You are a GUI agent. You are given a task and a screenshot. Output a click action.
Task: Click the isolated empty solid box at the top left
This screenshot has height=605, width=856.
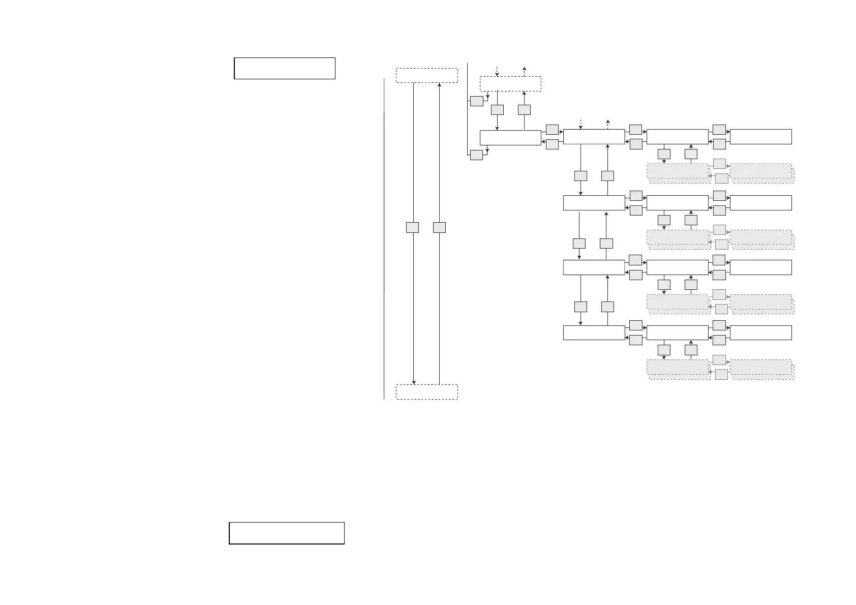[x=284, y=68]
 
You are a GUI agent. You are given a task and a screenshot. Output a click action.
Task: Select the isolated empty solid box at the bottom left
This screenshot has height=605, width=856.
[x=287, y=533]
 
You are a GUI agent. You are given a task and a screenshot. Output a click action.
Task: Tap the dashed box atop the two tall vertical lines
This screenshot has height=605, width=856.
[x=426, y=75]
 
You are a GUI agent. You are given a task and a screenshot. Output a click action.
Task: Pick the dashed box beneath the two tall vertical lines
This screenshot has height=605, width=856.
[x=426, y=392]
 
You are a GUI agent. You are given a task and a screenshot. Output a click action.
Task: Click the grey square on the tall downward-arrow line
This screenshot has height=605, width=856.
[x=413, y=227]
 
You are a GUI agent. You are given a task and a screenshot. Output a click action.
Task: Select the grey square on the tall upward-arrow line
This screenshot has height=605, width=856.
[x=439, y=227]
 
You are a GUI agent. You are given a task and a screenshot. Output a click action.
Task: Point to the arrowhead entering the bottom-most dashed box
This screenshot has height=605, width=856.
[x=414, y=382]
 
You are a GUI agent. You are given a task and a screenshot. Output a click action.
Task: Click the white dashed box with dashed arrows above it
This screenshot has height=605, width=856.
[x=510, y=84]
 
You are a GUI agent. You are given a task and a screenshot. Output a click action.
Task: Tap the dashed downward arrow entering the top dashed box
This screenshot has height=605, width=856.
[x=497, y=71]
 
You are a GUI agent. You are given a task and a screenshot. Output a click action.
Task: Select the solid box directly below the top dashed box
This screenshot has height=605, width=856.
[x=510, y=137]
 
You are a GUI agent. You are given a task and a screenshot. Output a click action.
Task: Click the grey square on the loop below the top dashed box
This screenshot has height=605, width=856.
[x=476, y=101]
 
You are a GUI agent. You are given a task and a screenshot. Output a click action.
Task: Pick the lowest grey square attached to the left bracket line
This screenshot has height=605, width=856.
[x=476, y=155]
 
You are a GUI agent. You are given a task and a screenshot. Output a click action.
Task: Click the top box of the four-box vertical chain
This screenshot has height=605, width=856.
[x=594, y=137]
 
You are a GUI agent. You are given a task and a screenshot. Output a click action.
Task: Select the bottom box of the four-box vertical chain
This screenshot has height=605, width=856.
[x=594, y=332]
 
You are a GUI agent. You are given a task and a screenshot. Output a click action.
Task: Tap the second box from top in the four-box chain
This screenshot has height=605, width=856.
[x=594, y=202]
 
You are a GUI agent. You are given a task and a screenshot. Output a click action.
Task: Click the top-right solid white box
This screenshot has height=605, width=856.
[x=760, y=137]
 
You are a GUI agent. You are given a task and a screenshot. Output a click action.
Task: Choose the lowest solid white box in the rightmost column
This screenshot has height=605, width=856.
[x=760, y=332]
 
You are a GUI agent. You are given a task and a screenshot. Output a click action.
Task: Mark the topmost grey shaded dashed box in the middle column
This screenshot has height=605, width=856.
[x=678, y=171]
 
